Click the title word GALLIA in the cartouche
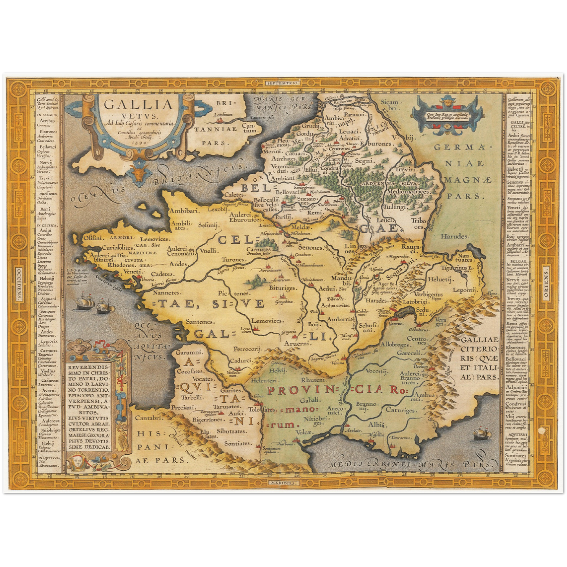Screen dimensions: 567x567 tap(139, 105)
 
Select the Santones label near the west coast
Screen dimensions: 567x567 tap(200, 322)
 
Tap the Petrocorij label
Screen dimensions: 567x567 tap(247, 348)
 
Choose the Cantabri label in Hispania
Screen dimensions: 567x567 tap(149, 418)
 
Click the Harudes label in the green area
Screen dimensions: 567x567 tap(454, 236)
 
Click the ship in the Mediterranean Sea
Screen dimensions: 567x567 tap(482, 434)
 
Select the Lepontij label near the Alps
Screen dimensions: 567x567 tap(465, 290)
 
